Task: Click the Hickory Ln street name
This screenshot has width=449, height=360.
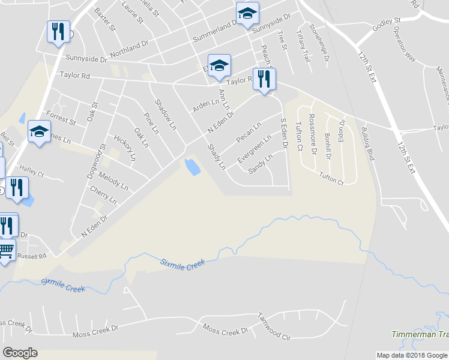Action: pos(125,148)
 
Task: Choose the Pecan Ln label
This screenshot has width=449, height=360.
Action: pos(249,133)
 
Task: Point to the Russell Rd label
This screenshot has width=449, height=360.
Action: pos(32,255)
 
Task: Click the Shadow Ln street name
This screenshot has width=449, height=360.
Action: pos(166,114)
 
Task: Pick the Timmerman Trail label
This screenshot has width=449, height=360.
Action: pos(420,334)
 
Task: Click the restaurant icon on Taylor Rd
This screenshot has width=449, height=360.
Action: pos(264,79)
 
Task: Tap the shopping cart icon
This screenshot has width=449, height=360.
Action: pos(6,250)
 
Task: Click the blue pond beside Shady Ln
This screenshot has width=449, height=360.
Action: pos(192,167)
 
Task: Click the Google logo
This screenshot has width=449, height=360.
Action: pos(20,353)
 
